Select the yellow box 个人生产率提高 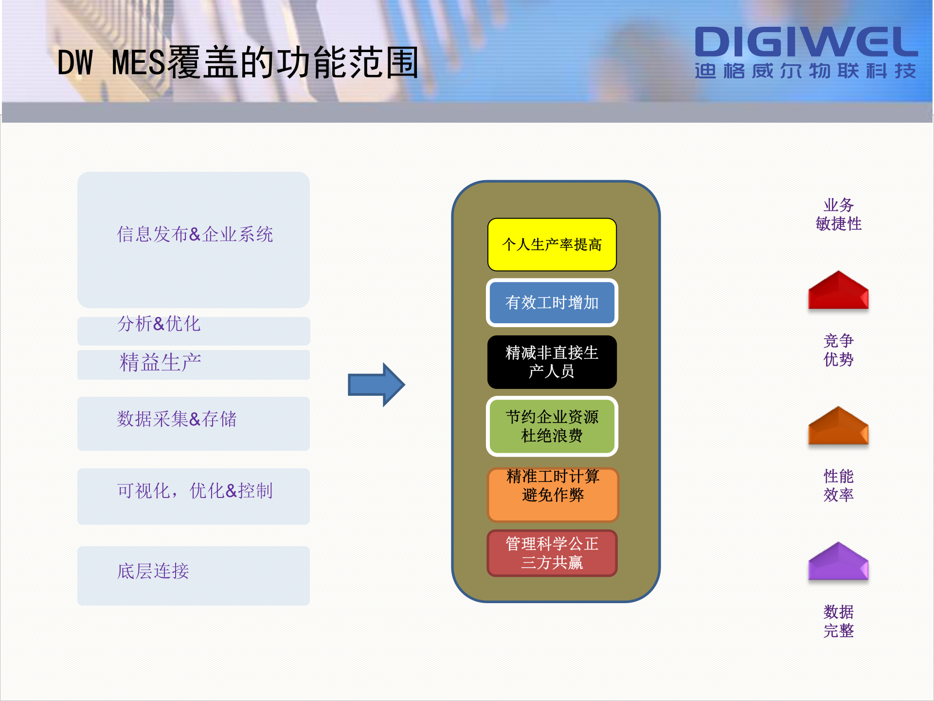coord(552,244)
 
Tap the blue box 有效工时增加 coord(552,302)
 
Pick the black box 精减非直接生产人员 coord(552,362)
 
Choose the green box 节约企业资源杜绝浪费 coord(552,426)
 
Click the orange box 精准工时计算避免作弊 coord(553,494)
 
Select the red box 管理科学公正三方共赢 coord(552,553)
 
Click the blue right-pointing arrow coord(376,385)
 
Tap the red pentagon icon coord(838,291)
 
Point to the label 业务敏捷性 coord(838,214)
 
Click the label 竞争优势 coord(838,350)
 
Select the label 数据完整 coord(838,621)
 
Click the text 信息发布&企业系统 coord(195,234)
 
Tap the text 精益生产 coord(160,363)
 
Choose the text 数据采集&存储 coord(177,419)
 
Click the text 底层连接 coord(153,571)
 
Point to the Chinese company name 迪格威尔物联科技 coord(806,71)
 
